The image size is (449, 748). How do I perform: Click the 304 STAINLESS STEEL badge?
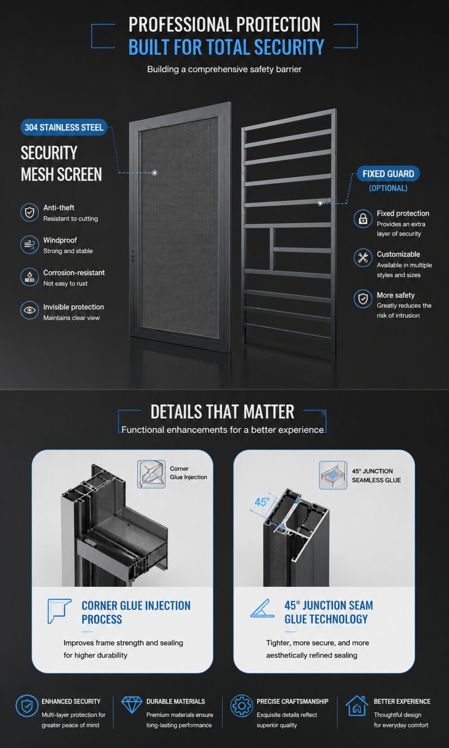[x=64, y=127]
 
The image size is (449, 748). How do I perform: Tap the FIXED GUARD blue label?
[x=388, y=174]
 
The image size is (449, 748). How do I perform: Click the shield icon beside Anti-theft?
[x=30, y=212]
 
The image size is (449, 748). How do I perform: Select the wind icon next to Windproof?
[x=30, y=244]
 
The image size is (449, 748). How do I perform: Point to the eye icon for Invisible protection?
[x=30, y=310]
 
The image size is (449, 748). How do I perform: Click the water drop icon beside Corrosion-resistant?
[x=30, y=277]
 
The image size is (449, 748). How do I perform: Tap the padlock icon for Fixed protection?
[x=363, y=219]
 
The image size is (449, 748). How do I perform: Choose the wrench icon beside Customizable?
[x=363, y=258]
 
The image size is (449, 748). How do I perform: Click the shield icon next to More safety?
[x=363, y=299]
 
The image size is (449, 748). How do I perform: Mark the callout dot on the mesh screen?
[x=154, y=173]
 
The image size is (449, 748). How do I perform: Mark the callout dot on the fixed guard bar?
[x=320, y=203]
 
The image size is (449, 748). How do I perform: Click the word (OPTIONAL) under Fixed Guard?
[x=388, y=188]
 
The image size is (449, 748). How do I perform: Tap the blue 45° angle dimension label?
[x=262, y=502]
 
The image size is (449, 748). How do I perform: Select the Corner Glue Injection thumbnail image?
[x=151, y=474]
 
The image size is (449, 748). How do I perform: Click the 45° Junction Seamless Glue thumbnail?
[x=333, y=475]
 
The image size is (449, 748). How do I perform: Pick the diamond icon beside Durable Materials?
[x=132, y=704]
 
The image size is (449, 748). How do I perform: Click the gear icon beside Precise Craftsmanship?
[x=242, y=706]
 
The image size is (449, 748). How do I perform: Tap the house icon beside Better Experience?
[x=357, y=706]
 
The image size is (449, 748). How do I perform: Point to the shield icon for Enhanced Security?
[x=26, y=706]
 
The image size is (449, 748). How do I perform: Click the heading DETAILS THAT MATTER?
[x=222, y=412]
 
